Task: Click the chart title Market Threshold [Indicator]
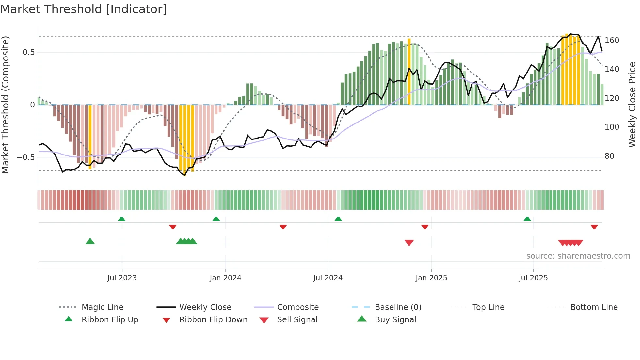pyautogui.click(x=84, y=9)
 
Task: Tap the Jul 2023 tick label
pyautogui.click(x=122, y=278)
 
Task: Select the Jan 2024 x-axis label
pyautogui.click(x=225, y=278)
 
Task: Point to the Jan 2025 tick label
pyautogui.click(x=431, y=278)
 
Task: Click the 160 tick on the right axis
pyautogui.click(x=612, y=41)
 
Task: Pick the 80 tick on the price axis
pyautogui.click(x=609, y=156)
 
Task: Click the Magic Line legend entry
pyautogui.click(x=102, y=307)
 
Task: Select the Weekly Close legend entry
pyautogui.click(x=205, y=307)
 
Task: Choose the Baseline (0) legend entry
pyautogui.click(x=398, y=307)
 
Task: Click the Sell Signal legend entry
pyautogui.click(x=297, y=320)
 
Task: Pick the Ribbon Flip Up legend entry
pyautogui.click(x=110, y=320)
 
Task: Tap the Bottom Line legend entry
pyautogui.click(x=594, y=307)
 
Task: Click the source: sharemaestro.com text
pyautogui.click(x=578, y=256)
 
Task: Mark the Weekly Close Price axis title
pyautogui.click(x=632, y=105)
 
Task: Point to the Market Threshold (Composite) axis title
pyautogui.click(x=5, y=105)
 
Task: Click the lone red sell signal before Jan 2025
pyautogui.click(x=409, y=242)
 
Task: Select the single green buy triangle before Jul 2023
pyautogui.click(x=90, y=241)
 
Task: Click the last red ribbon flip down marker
pyautogui.click(x=594, y=227)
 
